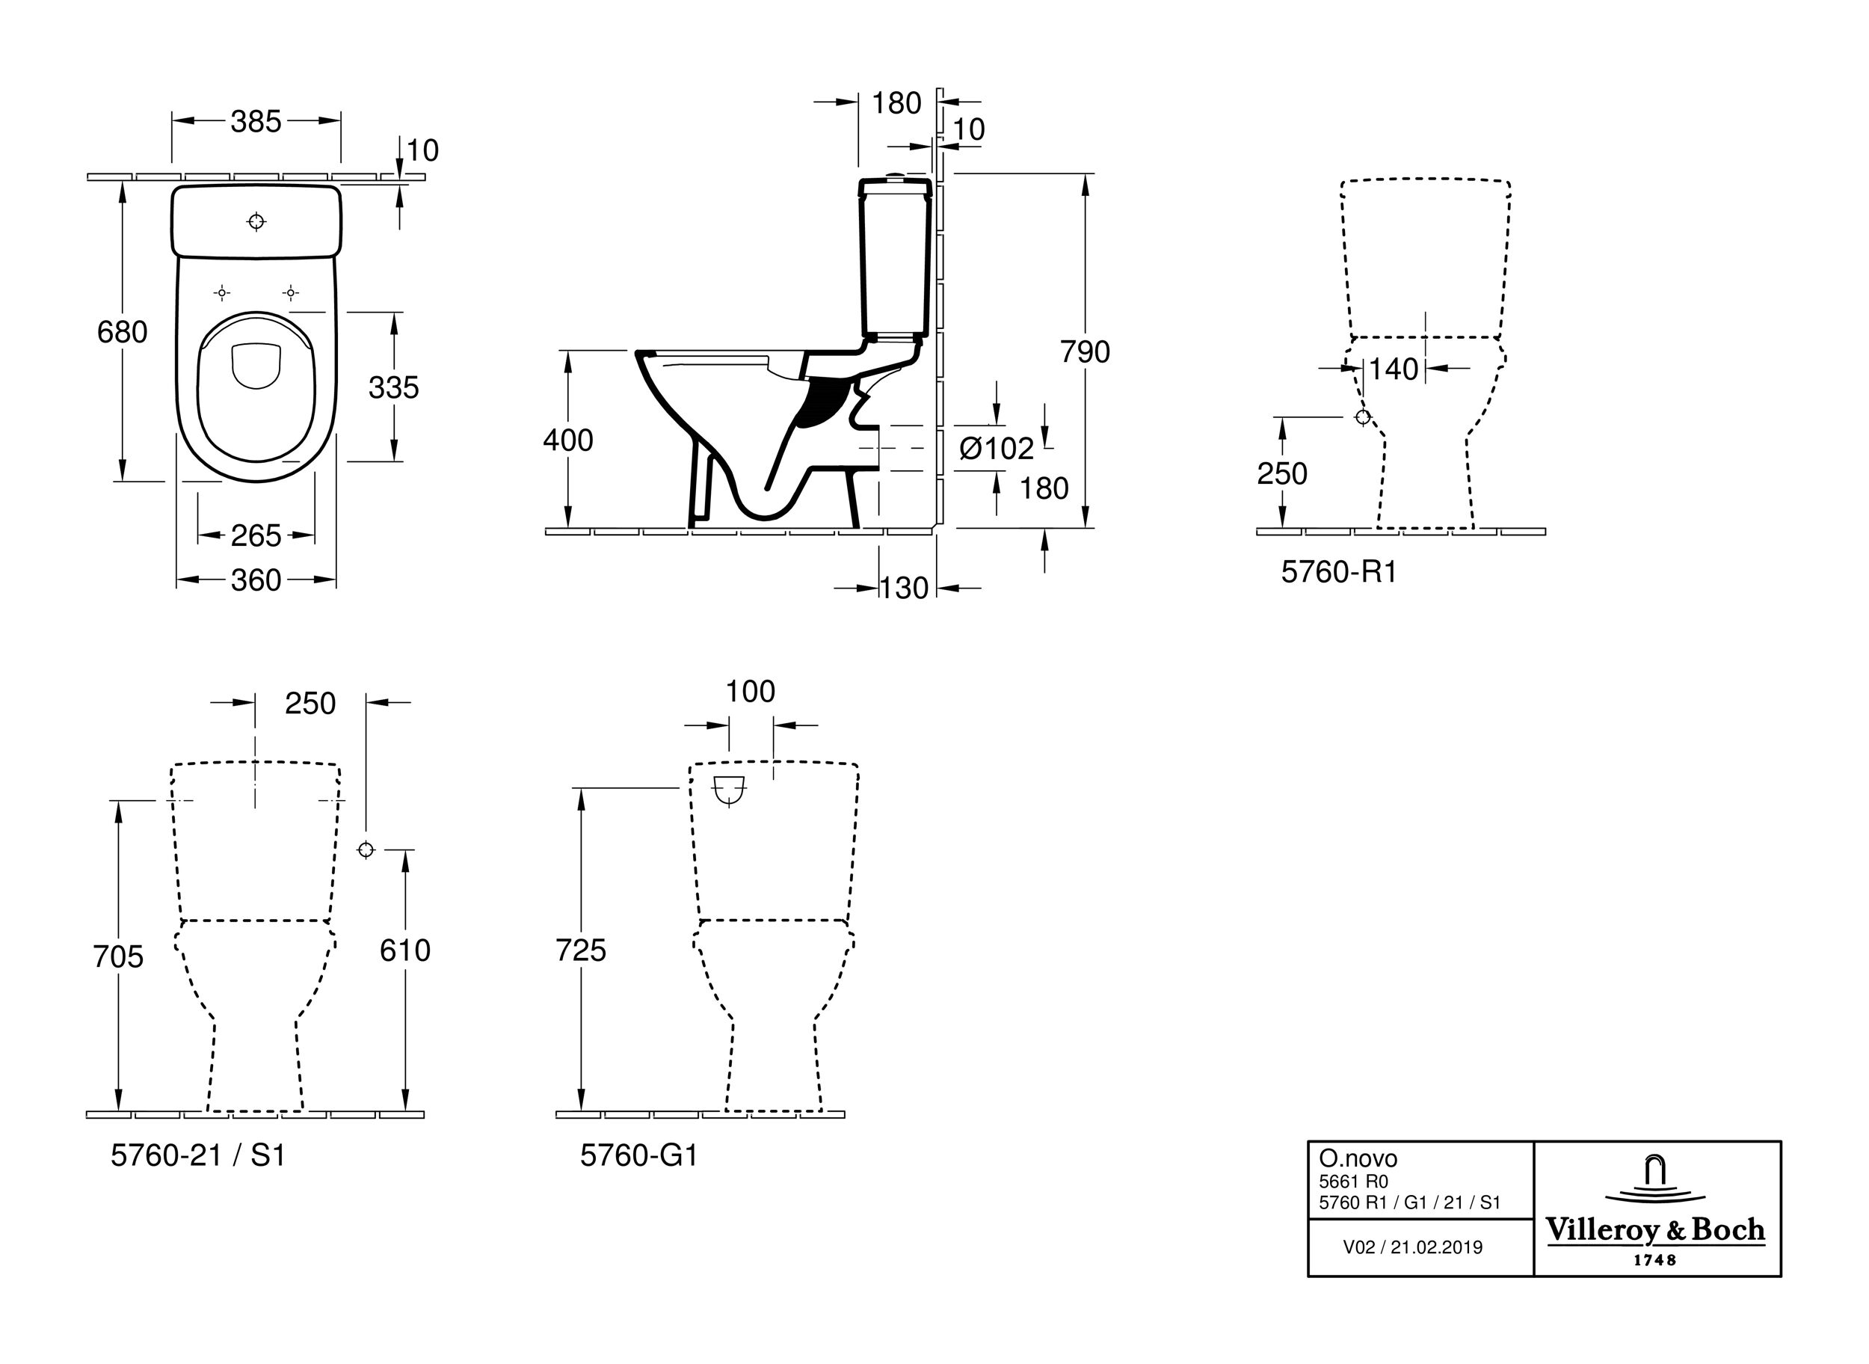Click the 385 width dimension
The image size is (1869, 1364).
(256, 121)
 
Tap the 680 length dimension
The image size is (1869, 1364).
(122, 332)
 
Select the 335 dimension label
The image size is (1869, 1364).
(394, 387)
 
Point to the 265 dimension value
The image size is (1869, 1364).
(256, 536)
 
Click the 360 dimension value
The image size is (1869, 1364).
(256, 580)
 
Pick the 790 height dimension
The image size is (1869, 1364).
(1085, 351)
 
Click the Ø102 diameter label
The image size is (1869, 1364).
(997, 449)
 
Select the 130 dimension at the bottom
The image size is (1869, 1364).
(904, 588)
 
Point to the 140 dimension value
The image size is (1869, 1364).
(1394, 369)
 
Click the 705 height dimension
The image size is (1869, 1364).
(118, 956)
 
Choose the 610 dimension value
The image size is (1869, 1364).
(404, 950)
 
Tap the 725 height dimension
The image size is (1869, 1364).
(580, 950)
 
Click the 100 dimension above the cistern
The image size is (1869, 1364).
(750, 691)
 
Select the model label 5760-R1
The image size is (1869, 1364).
(1338, 571)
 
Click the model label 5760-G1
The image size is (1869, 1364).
(639, 1155)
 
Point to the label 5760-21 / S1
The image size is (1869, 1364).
(198, 1155)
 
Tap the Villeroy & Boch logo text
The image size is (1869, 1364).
(1655, 1230)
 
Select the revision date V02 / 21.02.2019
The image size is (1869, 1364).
(1412, 1247)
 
